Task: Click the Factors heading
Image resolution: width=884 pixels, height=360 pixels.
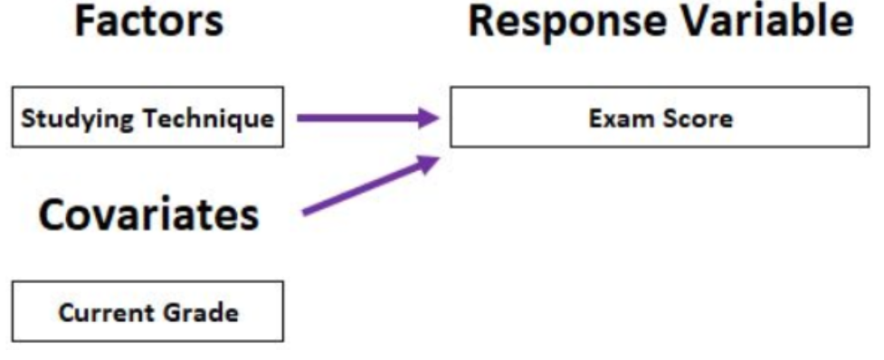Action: click(x=148, y=22)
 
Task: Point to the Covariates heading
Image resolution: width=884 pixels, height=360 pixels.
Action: click(x=148, y=215)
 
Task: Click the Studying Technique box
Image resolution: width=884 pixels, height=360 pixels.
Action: click(x=147, y=118)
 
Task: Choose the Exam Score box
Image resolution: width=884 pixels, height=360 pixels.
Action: click(x=660, y=118)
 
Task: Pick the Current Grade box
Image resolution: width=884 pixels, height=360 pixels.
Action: click(x=147, y=311)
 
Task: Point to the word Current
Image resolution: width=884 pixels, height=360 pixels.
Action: click(x=102, y=313)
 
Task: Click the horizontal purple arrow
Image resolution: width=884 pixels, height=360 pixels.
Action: click(x=368, y=118)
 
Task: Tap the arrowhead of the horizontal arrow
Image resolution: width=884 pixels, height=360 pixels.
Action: click(x=430, y=118)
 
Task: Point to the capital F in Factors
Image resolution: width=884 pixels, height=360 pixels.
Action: click(x=86, y=22)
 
